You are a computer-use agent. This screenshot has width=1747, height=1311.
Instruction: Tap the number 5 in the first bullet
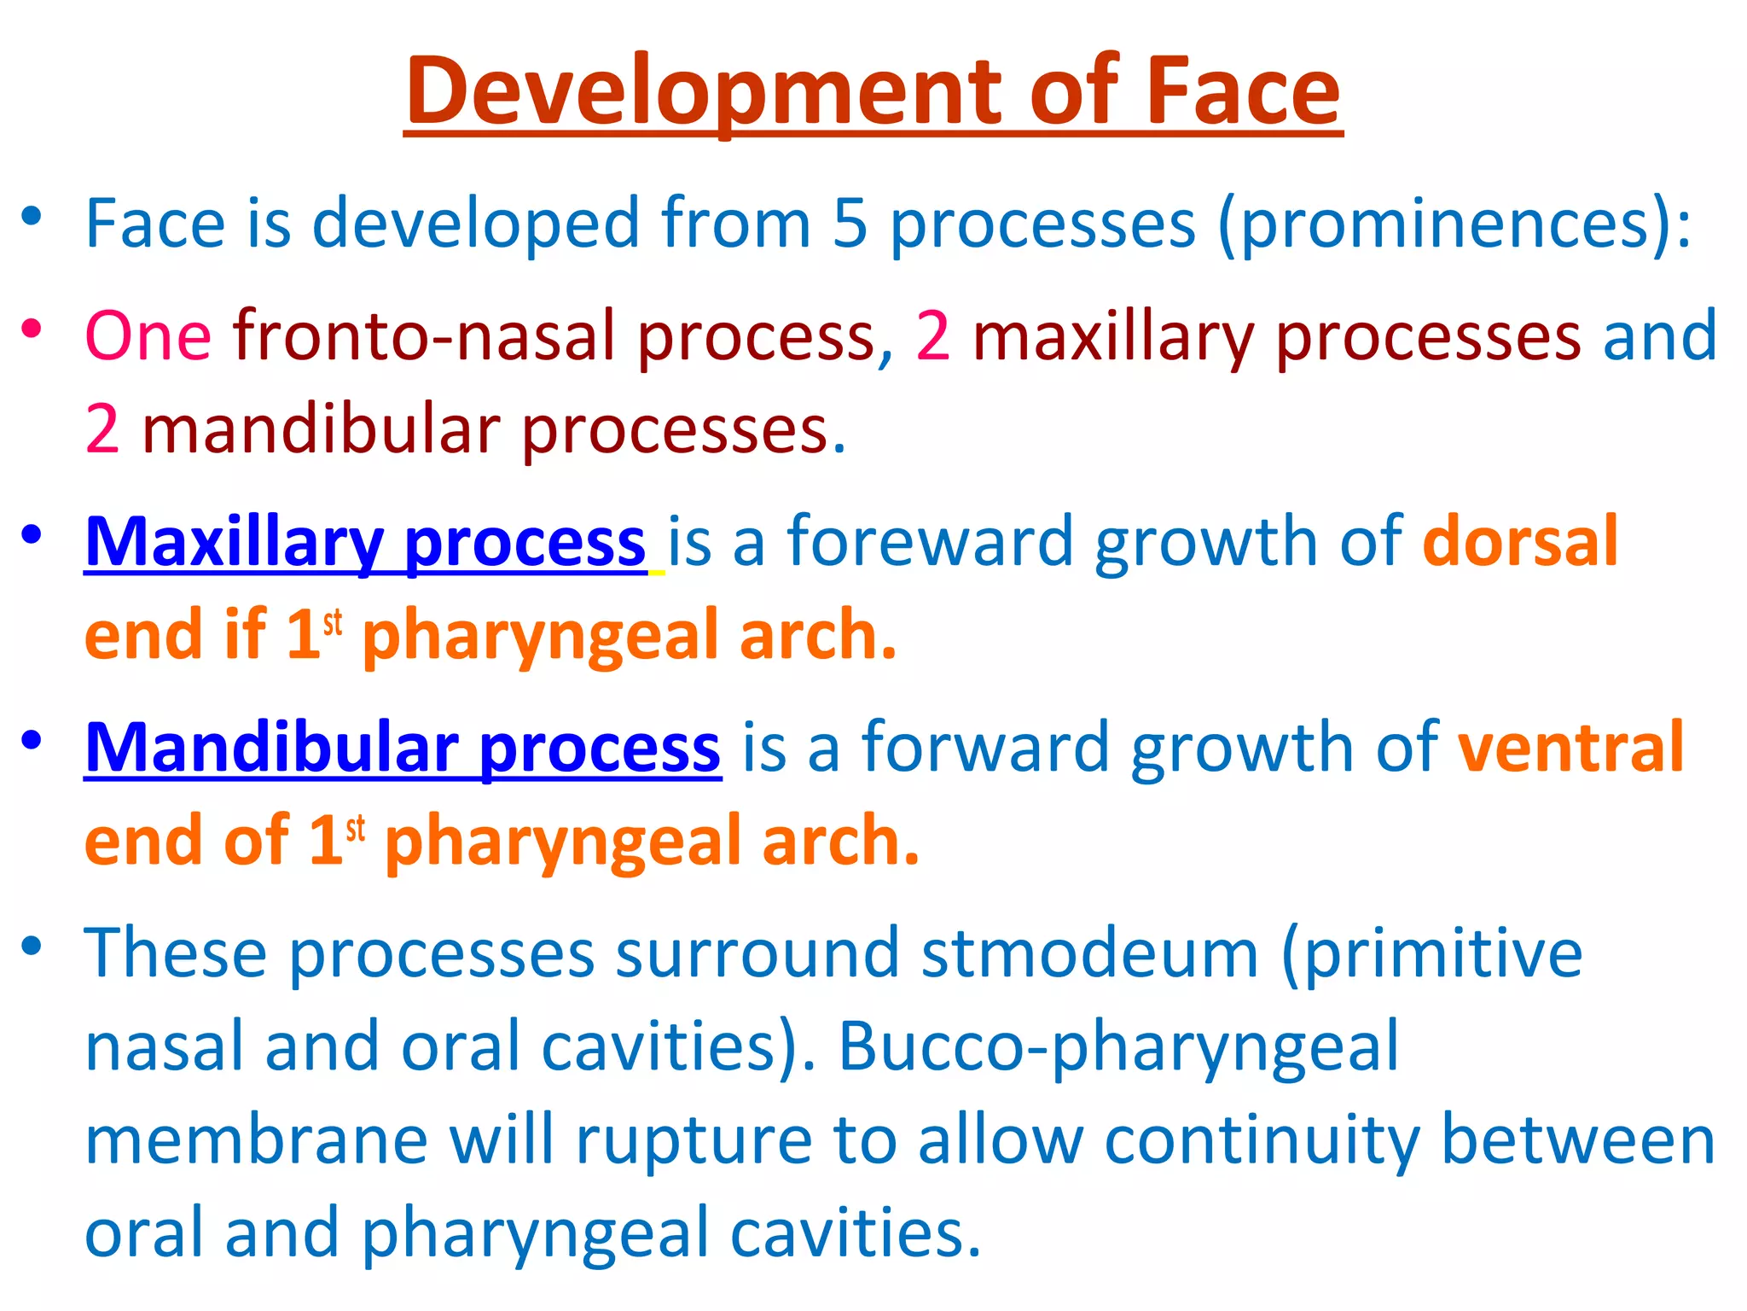tap(850, 224)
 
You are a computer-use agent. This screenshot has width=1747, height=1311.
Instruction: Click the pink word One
tap(148, 336)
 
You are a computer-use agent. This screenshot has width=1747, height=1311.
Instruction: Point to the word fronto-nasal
tap(435, 336)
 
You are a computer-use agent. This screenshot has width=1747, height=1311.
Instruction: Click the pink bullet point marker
tap(32, 328)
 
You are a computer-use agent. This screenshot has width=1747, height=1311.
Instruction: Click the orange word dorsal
tap(1520, 542)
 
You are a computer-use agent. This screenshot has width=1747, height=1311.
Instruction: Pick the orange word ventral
tap(1570, 748)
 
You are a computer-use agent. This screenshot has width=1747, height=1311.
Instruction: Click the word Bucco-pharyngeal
tap(1118, 1048)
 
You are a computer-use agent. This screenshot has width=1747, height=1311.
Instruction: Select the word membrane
tap(256, 1141)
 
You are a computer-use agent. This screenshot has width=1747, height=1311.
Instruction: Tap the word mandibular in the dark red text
tap(321, 429)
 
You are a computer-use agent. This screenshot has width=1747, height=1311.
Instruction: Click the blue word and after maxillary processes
tap(1659, 336)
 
